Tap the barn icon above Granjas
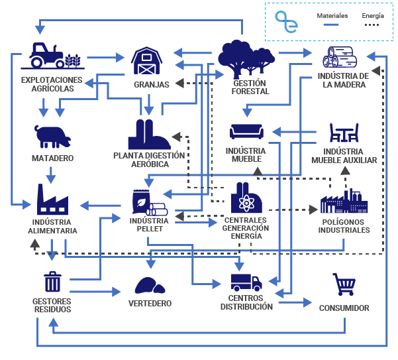click(147, 61)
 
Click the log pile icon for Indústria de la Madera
click(344, 58)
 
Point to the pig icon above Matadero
click(53, 136)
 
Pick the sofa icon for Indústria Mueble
click(247, 131)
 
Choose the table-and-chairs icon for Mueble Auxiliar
click(344, 134)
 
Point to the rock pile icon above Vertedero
click(150, 285)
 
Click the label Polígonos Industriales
click(344, 225)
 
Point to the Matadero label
click(53, 158)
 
